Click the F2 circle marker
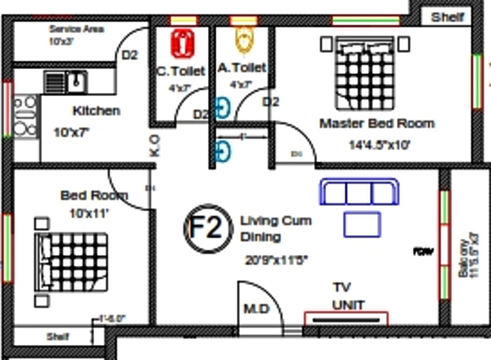pos(208,227)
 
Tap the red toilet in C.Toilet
pos(183,43)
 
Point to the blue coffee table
pos(362,225)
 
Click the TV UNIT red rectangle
pos(346,319)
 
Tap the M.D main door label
pos(257,309)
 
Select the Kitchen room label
pos(96,111)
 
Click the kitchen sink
pos(76,82)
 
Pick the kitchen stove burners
pos(25,115)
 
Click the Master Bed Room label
pos(377,124)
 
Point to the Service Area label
pos(77,29)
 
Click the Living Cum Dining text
pos(275,228)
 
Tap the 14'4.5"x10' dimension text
pos(379,145)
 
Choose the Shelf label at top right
pos(447,17)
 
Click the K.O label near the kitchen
pos(155,146)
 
